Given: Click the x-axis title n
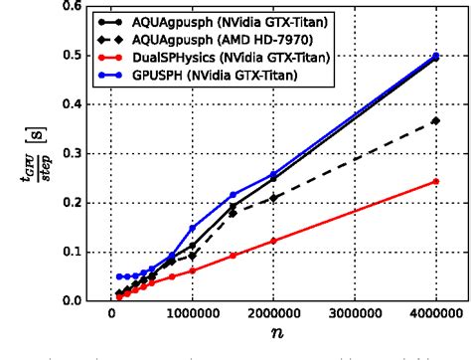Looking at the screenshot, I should click(x=272, y=339).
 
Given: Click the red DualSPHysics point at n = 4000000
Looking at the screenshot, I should click(x=435, y=181).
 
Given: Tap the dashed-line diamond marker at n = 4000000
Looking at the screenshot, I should click(x=435, y=121).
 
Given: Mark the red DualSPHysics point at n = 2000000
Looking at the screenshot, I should click(x=273, y=241).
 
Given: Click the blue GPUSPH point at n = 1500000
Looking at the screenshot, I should click(x=233, y=195).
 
